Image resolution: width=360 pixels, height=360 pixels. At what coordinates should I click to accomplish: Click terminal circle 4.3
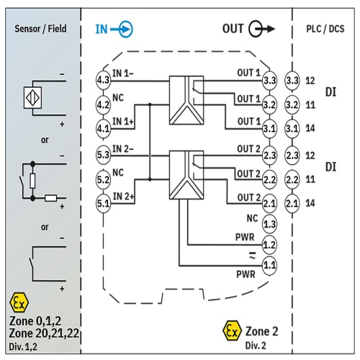[103, 80]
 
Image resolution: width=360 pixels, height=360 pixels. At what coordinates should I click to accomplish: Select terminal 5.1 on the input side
[103, 204]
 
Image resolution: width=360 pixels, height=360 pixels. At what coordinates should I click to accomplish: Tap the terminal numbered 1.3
[269, 225]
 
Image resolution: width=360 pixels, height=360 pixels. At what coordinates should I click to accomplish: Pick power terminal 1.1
[269, 266]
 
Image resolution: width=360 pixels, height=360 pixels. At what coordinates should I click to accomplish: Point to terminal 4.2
[103, 105]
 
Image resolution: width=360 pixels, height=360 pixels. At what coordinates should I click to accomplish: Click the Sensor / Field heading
[40, 29]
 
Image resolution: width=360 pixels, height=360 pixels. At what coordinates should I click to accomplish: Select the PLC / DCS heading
[325, 29]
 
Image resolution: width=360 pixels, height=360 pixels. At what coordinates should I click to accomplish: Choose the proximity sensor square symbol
[32, 98]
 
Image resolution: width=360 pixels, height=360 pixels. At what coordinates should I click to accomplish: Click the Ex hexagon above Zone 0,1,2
[19, 302]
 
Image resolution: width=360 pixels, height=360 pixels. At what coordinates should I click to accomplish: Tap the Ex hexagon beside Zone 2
[232, 330]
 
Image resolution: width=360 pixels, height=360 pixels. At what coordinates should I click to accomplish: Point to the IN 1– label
[123, 73]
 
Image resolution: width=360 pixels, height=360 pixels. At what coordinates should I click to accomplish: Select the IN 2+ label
[123, 197]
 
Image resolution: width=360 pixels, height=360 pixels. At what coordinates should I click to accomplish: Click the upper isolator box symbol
[186, 100]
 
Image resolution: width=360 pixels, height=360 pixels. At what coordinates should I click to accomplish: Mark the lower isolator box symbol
[186, 175]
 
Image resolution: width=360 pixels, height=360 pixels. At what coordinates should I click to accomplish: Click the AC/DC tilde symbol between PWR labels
[252, 256]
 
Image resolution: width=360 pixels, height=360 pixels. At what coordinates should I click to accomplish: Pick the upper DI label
[330, 92]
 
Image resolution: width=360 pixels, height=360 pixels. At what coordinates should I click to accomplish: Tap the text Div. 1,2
[23, 346]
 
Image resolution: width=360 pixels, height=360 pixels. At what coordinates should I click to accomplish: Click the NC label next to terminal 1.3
[252, 218]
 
